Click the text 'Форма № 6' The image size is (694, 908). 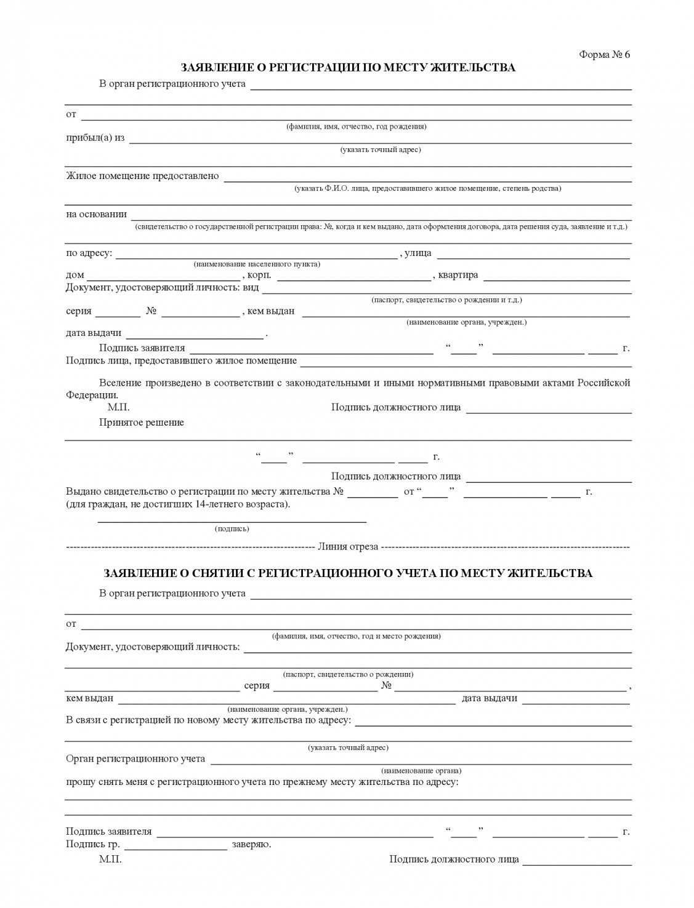tap(604, 54)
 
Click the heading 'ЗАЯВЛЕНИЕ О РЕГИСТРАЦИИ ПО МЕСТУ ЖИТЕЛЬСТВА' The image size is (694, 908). tap(348, 68)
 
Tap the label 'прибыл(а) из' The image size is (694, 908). tap(95, 138)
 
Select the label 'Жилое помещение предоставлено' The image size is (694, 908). tap(142, 176)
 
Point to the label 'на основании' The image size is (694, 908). tap(96, 214)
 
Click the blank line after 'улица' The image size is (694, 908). tap(533, 257)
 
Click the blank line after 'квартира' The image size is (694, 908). tap(556, 278)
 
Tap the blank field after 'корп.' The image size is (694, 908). tap(354, 278)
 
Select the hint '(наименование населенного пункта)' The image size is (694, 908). tap(257, 264)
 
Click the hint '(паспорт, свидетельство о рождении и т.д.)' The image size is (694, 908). tap(446, 300)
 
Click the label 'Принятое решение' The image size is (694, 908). tap(142, 423)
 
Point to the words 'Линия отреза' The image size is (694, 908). tap(348, 547)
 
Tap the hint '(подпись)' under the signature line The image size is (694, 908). tap(232, 528)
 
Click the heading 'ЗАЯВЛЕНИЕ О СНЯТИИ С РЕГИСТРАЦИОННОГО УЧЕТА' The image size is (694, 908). tap(348, 573)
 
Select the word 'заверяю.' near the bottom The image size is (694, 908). tap(251, 844)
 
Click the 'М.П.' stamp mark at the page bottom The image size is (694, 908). tap(110, 859)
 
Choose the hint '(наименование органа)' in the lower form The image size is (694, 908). tap(421, 770)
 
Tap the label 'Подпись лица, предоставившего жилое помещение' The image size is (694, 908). tap(181, 360)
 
